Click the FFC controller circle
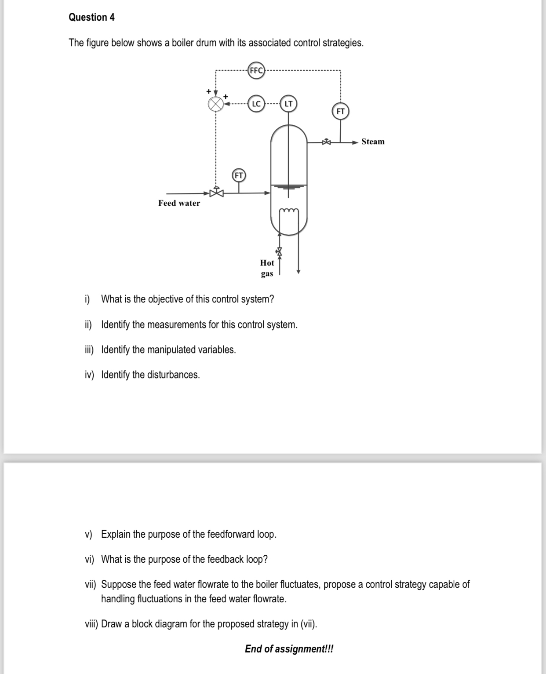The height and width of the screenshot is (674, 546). tap(256, 70)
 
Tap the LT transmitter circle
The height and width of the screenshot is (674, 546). tap(288, 104)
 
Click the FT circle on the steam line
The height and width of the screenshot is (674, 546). tap(340, 111)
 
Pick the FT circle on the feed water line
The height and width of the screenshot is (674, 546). tap(239, 175)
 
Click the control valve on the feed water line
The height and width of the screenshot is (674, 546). tap(216, 192)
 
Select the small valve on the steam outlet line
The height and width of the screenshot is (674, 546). tap(326, 142)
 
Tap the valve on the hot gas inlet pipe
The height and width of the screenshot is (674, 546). tap(279, 251)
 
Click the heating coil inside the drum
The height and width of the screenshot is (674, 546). tap(289, 212)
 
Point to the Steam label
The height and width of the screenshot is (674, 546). tap(373, 142)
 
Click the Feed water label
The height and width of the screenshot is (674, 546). tap(179, 203)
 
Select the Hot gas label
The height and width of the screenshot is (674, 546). tap(267, 268)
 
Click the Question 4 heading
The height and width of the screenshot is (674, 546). tap(92, 17)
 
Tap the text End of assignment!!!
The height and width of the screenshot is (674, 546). tap(289, 649)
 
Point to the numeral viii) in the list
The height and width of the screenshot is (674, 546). tap(91, 624)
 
